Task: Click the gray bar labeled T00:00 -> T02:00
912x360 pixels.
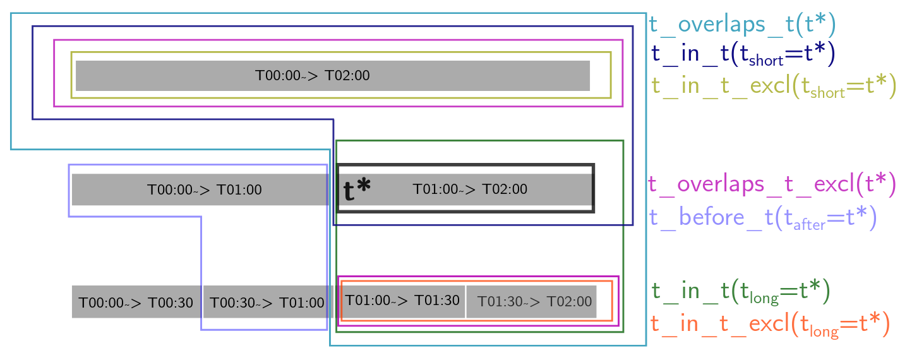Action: click(x=332, y=76)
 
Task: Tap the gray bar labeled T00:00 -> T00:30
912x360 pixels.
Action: click(x=136, y=302)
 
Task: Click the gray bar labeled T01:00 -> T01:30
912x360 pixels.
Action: click(x=402, y=301)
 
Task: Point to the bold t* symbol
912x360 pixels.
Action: click(x=357, y=189)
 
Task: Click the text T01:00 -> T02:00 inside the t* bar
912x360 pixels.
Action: click(x=470, y=189)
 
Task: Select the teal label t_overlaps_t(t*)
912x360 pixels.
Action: click(x=742, y=25)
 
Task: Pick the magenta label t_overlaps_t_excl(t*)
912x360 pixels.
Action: click(x=772, y=184)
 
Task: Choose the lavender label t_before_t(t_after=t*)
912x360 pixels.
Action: click(x=762, y=218)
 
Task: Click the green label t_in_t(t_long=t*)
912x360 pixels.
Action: click(x=740, y=291)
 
